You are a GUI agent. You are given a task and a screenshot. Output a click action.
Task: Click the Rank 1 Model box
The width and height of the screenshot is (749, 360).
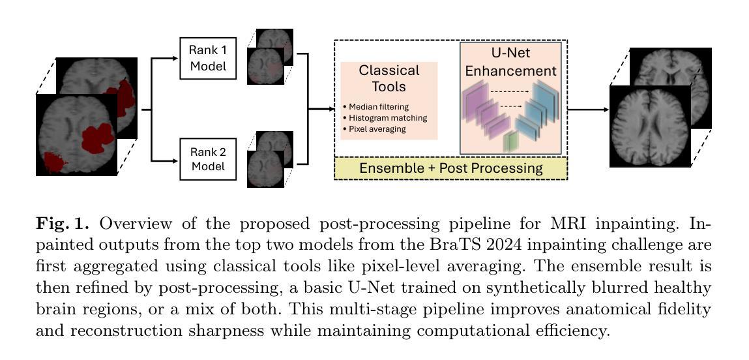point(207,58)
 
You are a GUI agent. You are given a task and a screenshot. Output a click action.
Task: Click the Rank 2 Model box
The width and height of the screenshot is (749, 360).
point(207,160)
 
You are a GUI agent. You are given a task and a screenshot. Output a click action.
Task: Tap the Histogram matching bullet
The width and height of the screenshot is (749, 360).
point(387,117)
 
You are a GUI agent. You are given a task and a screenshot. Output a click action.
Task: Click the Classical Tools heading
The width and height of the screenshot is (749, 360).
point(389,78)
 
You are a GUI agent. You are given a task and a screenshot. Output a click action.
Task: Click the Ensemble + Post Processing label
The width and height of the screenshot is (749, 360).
point(450,168)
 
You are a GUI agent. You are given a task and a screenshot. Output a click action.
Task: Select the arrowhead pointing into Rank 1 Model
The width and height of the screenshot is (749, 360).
point(175,58)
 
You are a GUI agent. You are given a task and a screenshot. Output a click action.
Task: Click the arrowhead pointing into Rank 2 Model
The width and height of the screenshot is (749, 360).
point(175,160)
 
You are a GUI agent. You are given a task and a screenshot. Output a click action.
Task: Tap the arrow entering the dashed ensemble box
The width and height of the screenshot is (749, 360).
point(330,110)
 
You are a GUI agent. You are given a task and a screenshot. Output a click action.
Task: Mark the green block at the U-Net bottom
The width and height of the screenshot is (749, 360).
point(510,141)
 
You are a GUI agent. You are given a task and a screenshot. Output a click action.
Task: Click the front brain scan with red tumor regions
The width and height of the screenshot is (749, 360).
point(76,135)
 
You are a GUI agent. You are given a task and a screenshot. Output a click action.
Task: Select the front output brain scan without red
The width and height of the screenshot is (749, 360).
point(649,127)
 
